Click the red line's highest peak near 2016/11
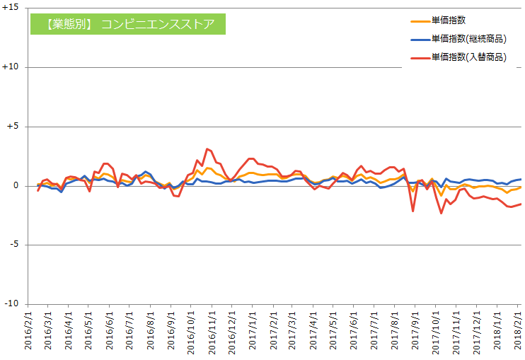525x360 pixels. tap(207, 149)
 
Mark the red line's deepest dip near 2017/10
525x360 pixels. tap(442, 213)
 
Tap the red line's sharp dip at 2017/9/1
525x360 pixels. tap(413, 211)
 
